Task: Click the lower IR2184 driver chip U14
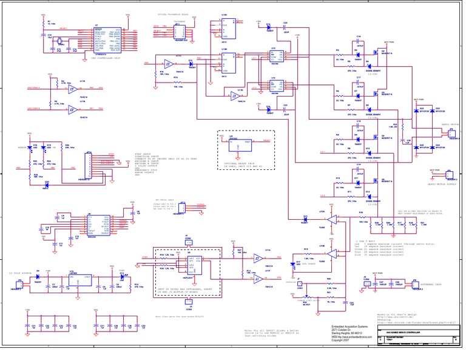274,89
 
